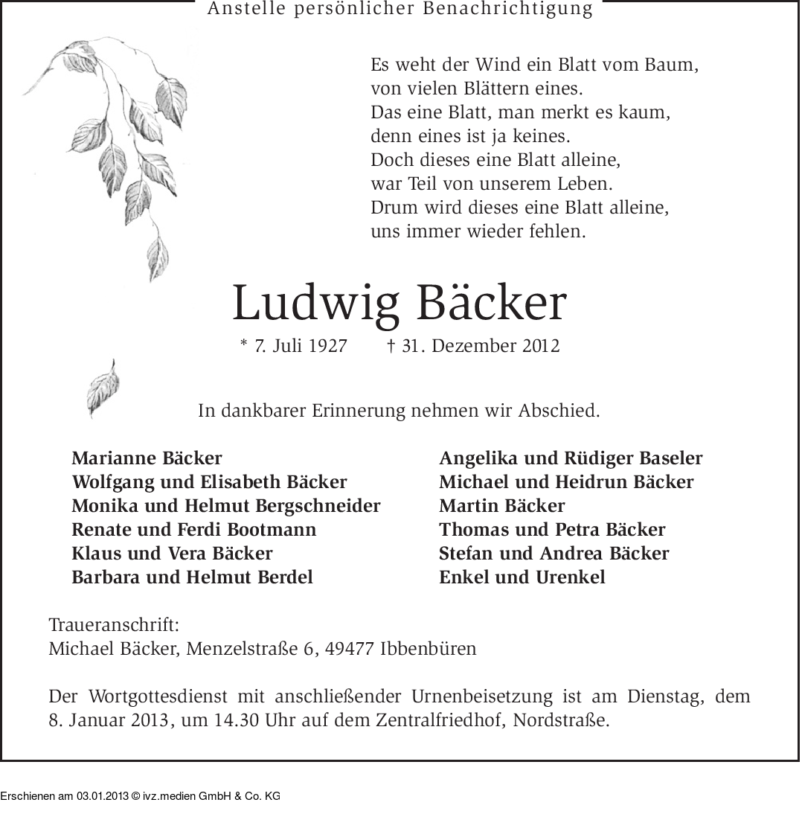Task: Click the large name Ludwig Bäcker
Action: coord(400,304)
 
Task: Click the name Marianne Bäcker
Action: coord(147,458)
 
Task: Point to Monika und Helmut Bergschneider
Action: coord(226,506)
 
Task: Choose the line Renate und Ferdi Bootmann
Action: coord(194,530)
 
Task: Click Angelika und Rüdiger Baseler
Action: coord(571,458)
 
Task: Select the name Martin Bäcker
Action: coord(502,506)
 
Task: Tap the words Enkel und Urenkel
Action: coord(522,577)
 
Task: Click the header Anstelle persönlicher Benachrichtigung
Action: coord(400,10)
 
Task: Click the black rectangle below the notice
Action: coord(140,789)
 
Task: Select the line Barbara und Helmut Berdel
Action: coord(192,577)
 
